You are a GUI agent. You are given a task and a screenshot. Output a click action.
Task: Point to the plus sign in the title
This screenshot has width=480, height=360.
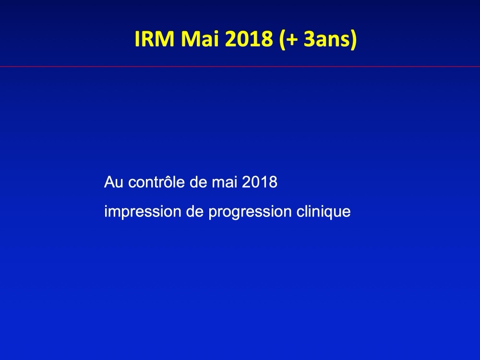(x=291, y=40)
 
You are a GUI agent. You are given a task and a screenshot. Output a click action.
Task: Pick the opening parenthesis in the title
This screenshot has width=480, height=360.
(x=282, y=40)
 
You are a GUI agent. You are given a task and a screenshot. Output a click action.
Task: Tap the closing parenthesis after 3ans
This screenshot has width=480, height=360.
(x=354, y=40)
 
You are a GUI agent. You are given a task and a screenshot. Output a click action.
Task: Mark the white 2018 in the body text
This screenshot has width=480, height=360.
(x=260, y=182)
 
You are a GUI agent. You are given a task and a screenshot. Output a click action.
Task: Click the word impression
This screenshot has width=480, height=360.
(x=143, y=212)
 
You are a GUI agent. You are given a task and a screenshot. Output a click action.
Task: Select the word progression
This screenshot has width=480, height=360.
(x=250, y=212)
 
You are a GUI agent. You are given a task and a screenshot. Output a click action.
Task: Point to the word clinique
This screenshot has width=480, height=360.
(x=323, y=212)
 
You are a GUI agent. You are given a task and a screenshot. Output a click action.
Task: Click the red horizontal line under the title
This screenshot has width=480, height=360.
(x=240, y=66)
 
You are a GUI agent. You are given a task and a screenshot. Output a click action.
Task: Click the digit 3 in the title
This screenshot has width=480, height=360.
(x=309, y=39)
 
